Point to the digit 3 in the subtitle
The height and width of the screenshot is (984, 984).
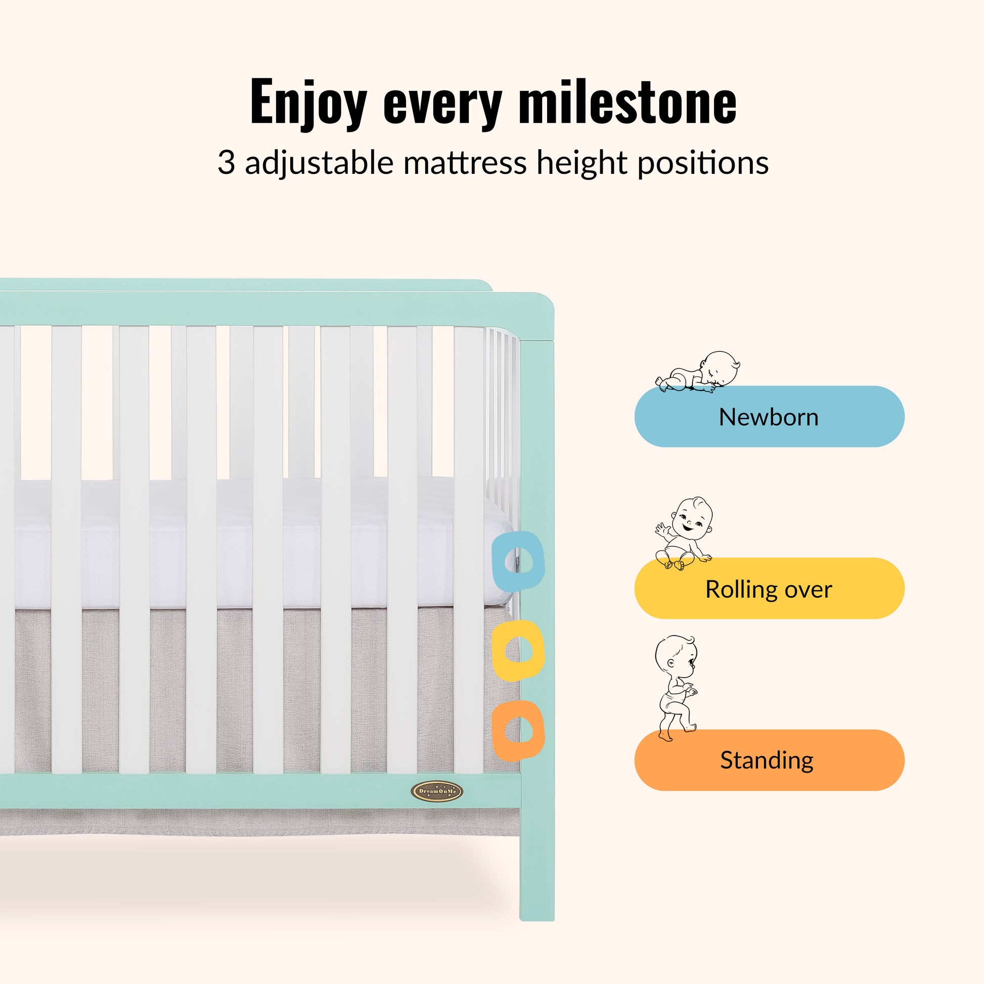click(x=226, y=162)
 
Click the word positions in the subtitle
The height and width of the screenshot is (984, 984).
click(x=703, y=163)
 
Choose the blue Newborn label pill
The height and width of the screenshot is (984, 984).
click(x=769, y=416)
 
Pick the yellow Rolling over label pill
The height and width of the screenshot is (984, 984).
click(x=769, y=588)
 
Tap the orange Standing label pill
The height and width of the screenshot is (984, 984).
click(x=769, y=760)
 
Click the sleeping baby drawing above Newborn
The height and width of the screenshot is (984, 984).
click(x=698, y=371)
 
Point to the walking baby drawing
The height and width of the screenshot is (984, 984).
click(x=676, y=688)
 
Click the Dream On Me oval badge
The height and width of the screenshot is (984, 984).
click(x=436, y=791)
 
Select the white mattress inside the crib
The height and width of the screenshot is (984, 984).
click(x=255, y=543)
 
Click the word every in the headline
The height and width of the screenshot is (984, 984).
click(x=443, y=104)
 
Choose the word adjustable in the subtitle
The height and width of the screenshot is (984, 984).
click(x=320, y=163)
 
